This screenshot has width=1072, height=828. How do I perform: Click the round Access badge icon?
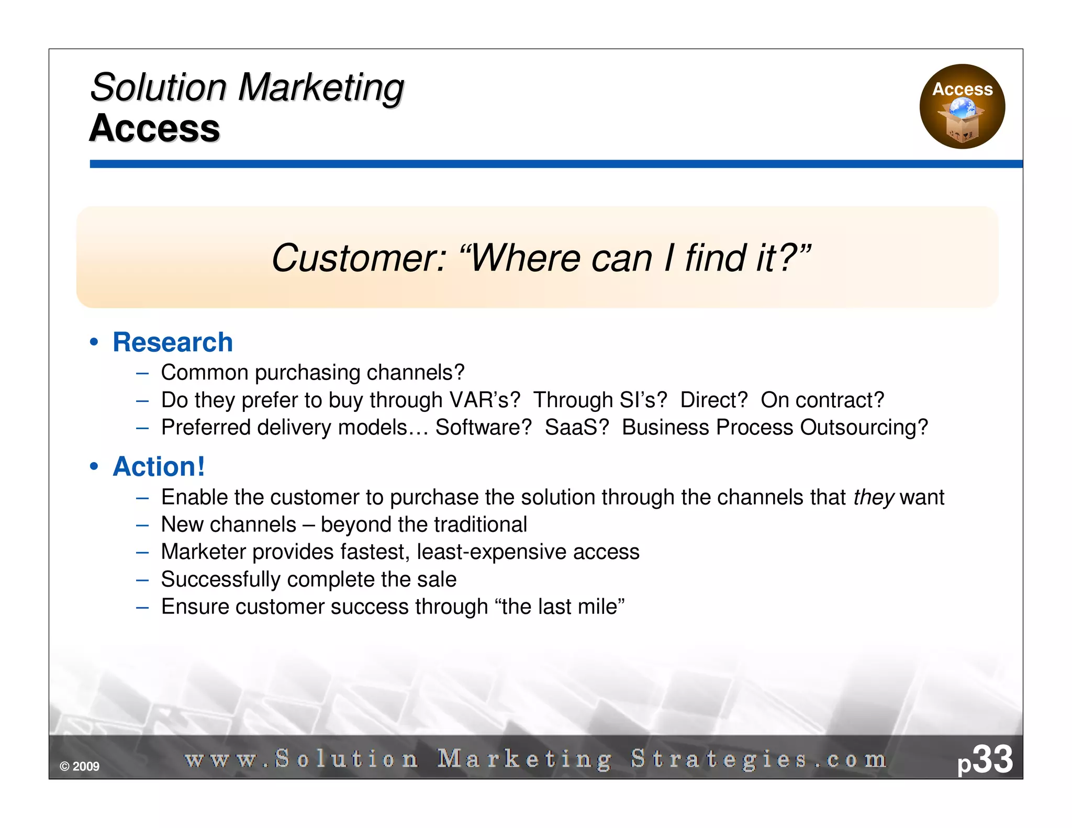[x=962, y=106]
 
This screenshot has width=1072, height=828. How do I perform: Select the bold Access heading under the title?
[x=154, y=128]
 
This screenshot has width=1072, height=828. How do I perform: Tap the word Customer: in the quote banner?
[x=359, y=258]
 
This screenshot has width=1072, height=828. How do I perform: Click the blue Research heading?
[x=173, y=342]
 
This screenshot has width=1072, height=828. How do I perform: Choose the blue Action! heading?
[x=159, y=466]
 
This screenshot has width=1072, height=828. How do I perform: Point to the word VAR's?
[x=485, y=400]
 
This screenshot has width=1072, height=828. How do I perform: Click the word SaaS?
[x=577, y=427]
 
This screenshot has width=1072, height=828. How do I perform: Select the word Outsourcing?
[x=864, y=427]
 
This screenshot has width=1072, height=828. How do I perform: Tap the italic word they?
[x=873, y=497]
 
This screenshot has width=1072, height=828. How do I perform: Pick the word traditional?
[x=480, y=524]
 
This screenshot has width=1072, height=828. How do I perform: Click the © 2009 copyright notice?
[x=80, y=766]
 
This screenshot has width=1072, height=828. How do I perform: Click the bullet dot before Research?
[x=94, y=342]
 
